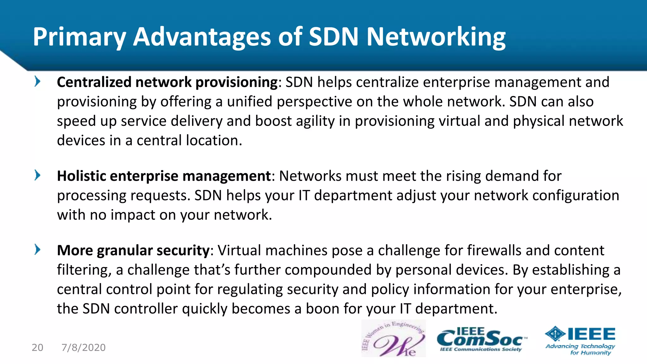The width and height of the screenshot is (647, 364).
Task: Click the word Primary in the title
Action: coord(79,37)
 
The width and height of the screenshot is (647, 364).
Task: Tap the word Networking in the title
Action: coord(436,37)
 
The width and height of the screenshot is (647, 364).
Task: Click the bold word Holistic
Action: coord(82,176)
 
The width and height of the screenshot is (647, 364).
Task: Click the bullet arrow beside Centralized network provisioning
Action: coord(37,82)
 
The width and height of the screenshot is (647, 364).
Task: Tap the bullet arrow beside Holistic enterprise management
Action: coord(37,175)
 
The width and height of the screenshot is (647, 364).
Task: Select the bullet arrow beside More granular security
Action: coord(37,250)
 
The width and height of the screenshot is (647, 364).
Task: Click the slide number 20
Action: coord(38,348)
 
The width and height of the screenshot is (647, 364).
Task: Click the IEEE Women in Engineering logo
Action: coord(393,338)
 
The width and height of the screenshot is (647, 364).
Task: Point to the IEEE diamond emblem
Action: coord(555,334)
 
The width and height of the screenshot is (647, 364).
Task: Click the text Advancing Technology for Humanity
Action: coord(580,349)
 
